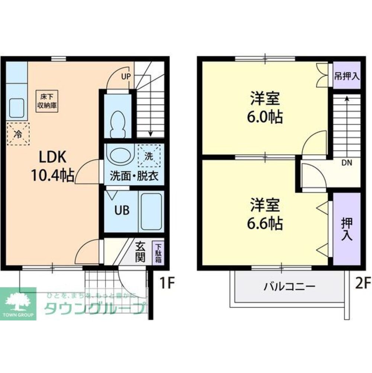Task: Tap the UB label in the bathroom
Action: coord(122,211)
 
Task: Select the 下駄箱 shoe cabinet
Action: coord(158,253)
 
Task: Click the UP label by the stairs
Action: coord(126,77)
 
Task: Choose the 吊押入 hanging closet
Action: coord(346,76)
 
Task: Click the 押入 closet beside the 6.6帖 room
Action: coord(347,228)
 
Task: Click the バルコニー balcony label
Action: coord(290,287)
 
